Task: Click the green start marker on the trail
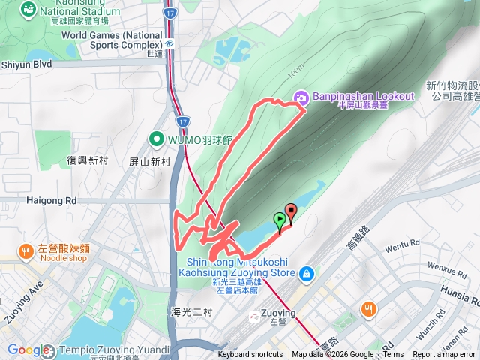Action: [280, 220]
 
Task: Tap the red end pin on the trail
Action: [291, 211]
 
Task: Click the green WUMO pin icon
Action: [156, 139]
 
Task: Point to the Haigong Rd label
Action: [52, 201]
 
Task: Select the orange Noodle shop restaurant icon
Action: [25, 250]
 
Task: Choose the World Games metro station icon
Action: [171, 43]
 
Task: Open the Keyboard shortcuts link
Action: [250, 355]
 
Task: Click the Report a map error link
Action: [444, 355]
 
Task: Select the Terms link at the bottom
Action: [393, 355]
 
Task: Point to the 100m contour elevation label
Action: [296, 68]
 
